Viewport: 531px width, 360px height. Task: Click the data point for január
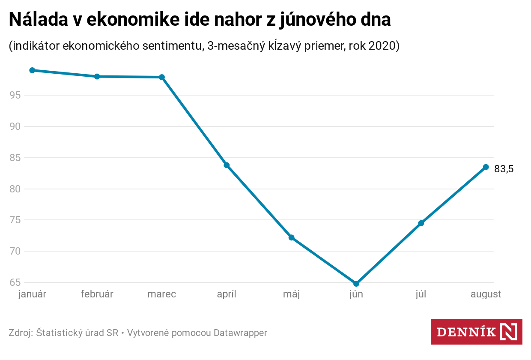32,70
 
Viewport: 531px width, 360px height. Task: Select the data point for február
97,76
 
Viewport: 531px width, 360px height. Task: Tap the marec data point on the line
162,77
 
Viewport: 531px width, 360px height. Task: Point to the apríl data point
227,165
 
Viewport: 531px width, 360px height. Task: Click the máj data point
292,237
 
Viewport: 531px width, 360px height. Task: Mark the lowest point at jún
356,284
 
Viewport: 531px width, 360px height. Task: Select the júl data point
421,223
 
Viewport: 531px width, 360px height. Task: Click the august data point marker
486,167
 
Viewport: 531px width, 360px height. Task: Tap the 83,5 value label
504,169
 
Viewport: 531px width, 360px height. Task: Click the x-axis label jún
356,294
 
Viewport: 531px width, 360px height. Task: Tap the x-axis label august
486,294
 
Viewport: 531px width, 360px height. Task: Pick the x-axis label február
97,294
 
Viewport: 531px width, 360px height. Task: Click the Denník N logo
476,332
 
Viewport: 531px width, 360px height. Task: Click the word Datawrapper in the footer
240,333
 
